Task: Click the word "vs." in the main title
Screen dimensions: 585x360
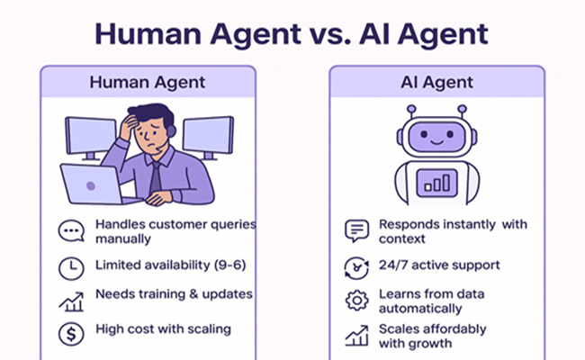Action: (329, 35)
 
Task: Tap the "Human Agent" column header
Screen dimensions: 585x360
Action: (148, 83)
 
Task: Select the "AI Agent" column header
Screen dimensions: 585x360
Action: (436, 83)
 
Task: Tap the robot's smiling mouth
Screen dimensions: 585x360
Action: (436, 142)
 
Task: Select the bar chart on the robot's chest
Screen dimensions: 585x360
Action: (436, 183)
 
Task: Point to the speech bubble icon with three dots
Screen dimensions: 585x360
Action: (71, 230)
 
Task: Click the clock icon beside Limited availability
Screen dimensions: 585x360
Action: (71, 268)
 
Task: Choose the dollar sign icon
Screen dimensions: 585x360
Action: (71, 334)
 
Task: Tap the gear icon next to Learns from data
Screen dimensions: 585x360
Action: (357, 301)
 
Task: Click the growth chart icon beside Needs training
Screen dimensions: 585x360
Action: (71, 301)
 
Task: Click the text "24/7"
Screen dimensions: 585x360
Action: (393, 265)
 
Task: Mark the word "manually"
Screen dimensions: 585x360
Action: (123, 238)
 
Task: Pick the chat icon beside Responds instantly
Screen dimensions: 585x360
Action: (357, 230)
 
